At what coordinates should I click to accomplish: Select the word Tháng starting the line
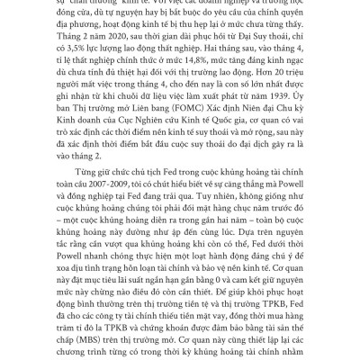[62, 59]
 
